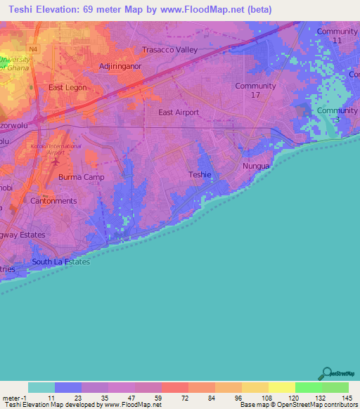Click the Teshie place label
coord(200,174)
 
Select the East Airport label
coord(179,112)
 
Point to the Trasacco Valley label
coord(170,50)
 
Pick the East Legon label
coord(66,88)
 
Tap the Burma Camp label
coord(81,177)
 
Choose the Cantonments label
coord(53,201)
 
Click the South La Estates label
coord(60,262)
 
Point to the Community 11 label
coord(337,37)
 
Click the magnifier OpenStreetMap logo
coord(327,373)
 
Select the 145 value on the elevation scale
coord(348,398)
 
